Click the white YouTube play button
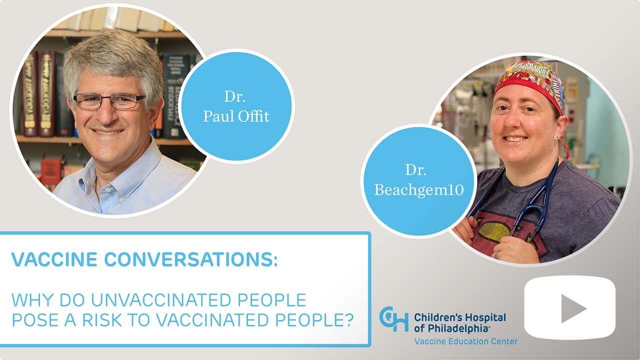(569, 307)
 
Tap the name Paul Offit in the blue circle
(236, 116)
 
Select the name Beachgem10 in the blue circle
(419, 190)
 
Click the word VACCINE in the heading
(54, 259)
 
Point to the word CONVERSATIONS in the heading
(190, 259)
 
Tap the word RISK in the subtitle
(101, 319)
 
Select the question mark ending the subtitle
(348, 319)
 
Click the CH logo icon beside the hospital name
(393, 319)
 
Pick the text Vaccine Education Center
(465, 341)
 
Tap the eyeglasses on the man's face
(109, 101)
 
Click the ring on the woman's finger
(496, 255)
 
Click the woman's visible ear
(561, 128)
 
